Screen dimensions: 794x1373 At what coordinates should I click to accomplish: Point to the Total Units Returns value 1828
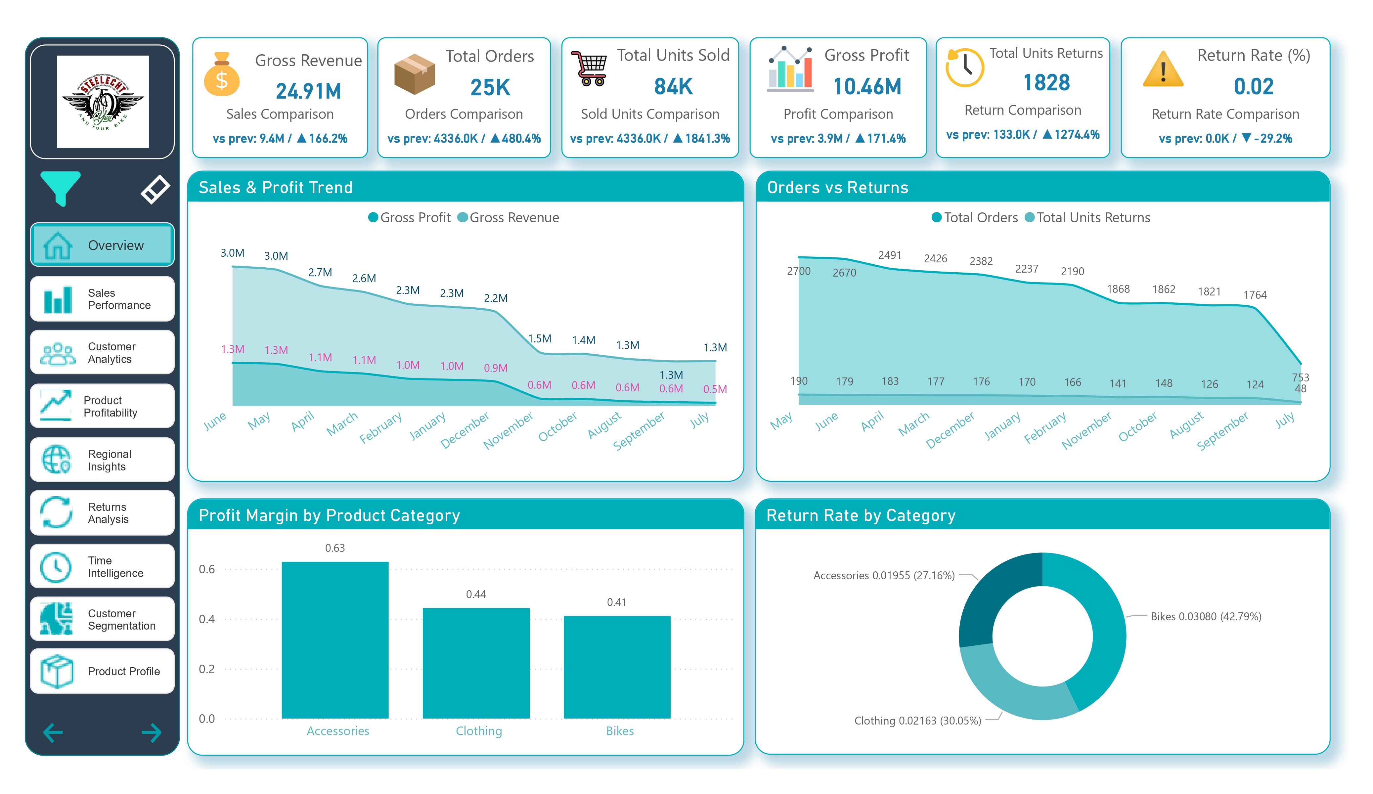pos(1046,83)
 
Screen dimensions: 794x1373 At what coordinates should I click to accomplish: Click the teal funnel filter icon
pos(61,187)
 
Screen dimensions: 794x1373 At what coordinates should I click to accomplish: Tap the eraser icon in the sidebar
pos(155,189)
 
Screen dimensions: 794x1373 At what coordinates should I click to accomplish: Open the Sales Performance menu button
pos(103,299)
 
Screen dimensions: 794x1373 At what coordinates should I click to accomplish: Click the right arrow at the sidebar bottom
pos(152,732)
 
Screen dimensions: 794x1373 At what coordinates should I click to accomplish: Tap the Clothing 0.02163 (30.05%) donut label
pos(917,721)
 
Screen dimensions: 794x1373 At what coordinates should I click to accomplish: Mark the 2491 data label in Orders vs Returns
pos(889,255)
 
